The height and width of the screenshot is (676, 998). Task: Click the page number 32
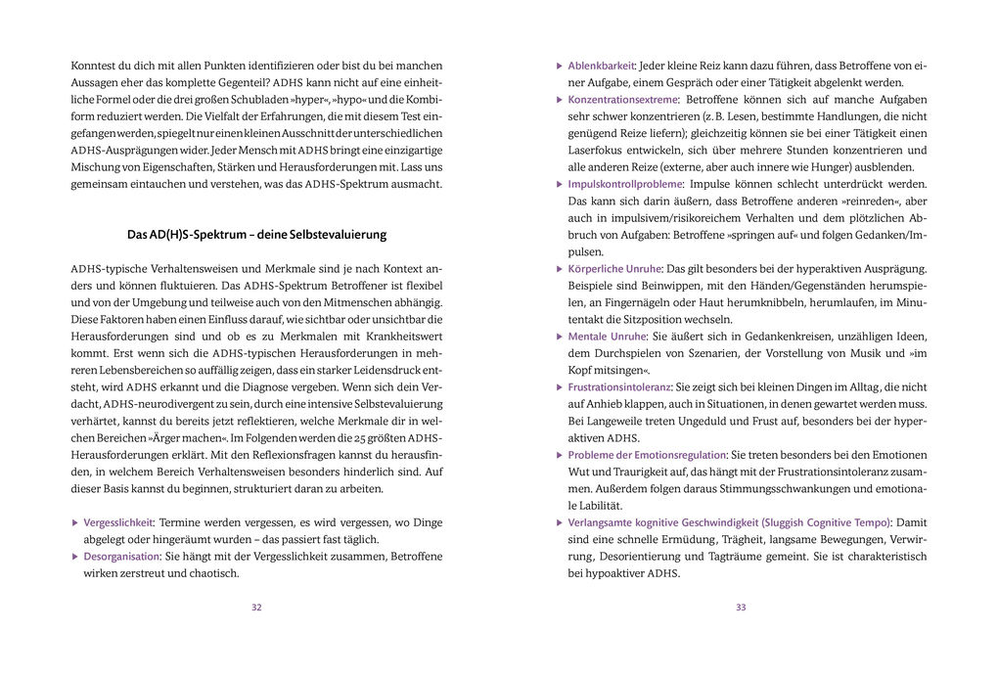(256, 608)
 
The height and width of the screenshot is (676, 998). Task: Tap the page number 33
(741, 608)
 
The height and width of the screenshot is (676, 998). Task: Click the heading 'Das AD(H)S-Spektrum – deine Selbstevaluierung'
(256, 235)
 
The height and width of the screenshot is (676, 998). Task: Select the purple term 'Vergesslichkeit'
(118, 522)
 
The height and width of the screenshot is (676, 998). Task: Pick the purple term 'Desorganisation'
(121, 556)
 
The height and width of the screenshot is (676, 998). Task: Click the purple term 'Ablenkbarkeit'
(601, 66)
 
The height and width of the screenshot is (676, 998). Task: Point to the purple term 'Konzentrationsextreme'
(622, 100)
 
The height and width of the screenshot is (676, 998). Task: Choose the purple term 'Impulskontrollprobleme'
(625, 184)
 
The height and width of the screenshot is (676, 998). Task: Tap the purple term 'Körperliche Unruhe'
(614, 269)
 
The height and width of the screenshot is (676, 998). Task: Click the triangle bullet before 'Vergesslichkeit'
(75, 522)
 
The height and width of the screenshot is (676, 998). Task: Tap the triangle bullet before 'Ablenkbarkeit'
(559, 66)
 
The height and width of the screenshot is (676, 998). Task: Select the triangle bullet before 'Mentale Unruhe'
(559, 337)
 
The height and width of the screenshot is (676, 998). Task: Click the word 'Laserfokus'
(595, 150)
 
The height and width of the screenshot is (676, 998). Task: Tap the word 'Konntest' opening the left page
(94, 66)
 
